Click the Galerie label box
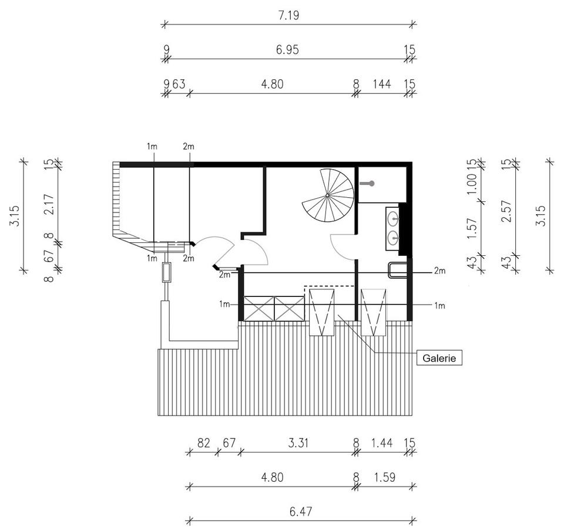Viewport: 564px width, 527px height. pyautogui.click(x=439, y=358)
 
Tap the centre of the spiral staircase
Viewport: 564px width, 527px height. pyautogui.click(x=327, y=195)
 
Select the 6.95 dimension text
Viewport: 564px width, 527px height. pyautogui.click(x=287, y=49)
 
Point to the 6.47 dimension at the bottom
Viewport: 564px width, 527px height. pyautogui.click(x=301, y=511)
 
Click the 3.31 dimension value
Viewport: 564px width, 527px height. pyautogui.click(x=298, y=443)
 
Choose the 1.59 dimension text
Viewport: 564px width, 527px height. pyautogui.click(x=384, y=478)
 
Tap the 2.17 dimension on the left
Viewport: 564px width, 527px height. pyautogui.click(x=49, y=204)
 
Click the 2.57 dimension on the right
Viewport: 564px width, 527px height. pyautogui.click(x=506, y=211)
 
